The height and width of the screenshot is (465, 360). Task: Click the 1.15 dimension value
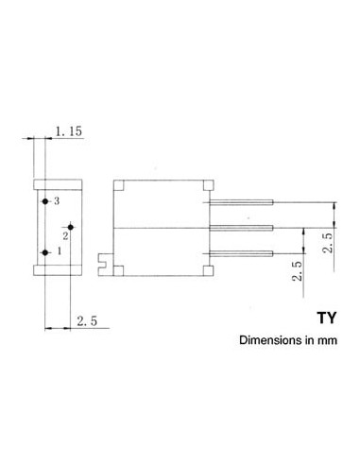click(69, 131)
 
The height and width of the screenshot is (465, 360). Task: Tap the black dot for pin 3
click(45, 201)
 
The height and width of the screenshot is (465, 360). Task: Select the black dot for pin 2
click(71, 227)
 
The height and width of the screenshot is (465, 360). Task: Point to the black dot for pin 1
click(45, 252)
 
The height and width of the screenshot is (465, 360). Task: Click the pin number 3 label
click(57, 201)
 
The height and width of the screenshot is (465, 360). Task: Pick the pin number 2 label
click(65, 235)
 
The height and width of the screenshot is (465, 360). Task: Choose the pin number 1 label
click(59, 251)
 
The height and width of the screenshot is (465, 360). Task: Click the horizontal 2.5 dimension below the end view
click(87, 321)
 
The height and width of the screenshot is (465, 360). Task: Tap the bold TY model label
click(327, 318)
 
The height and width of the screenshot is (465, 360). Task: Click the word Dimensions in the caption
click(270, 340)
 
